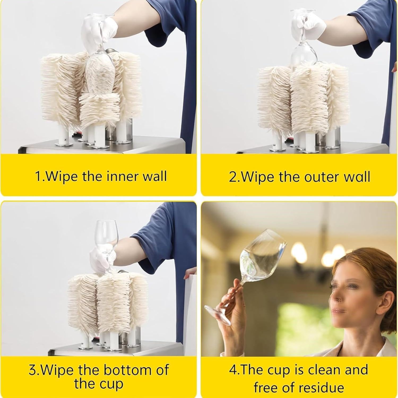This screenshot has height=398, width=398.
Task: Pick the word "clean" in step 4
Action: click(x=327, y=370)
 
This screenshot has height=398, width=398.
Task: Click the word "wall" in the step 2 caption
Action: click(x=356, y=177)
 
